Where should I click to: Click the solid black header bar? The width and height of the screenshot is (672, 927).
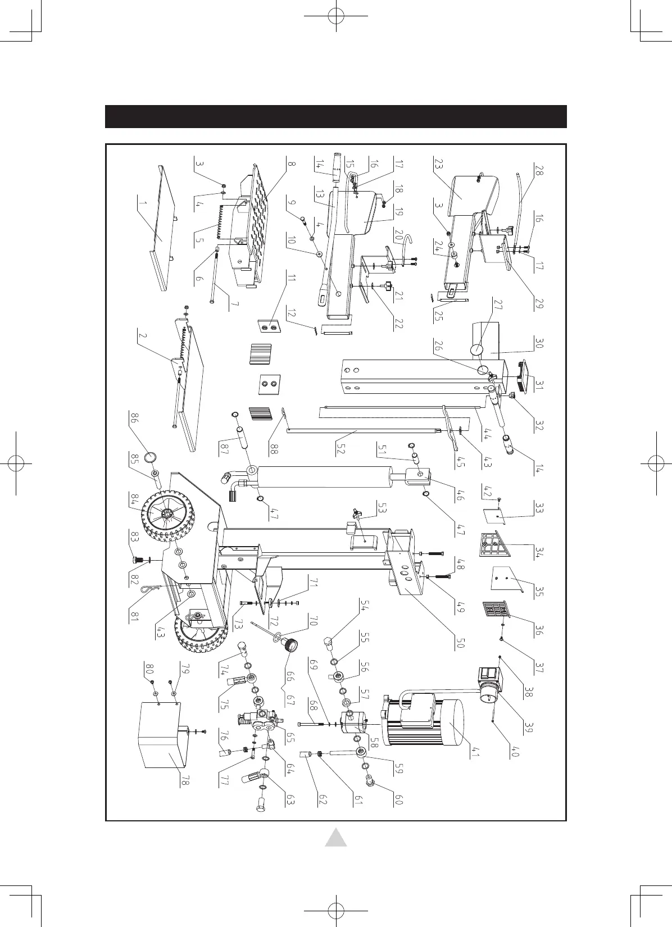point(336,117)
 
